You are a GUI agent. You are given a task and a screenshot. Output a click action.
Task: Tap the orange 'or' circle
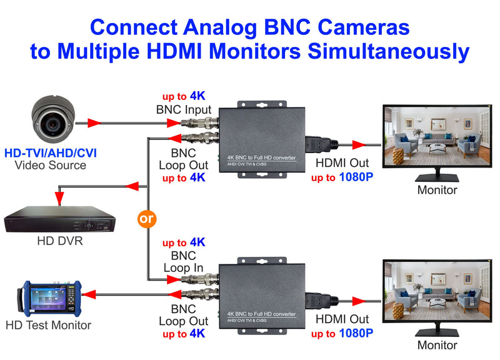(x=147, y=219)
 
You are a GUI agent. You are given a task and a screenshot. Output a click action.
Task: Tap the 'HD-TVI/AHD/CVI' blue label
(x=51, y=152)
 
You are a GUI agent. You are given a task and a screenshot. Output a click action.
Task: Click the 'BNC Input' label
(x=184, y=110)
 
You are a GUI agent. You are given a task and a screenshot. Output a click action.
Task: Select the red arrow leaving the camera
(x=93, y=123)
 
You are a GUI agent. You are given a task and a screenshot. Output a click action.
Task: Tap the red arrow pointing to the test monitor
(x=91, y=293)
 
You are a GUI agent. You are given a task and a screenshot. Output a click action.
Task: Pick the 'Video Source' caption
(x=51, y=166)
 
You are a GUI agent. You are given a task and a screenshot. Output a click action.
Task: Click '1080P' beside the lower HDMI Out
(x=356, y=334)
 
